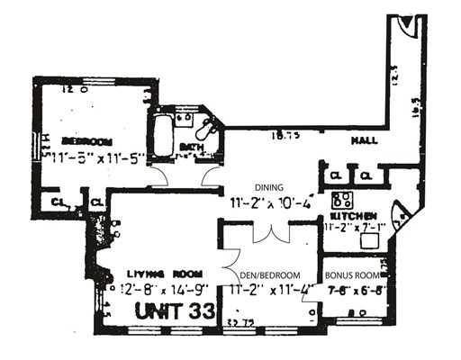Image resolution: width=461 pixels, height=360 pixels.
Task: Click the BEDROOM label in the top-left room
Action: pyautogui.click(x=86, y=141)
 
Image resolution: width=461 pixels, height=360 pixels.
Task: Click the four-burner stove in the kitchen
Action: pyautogui.click(x=342, y=201)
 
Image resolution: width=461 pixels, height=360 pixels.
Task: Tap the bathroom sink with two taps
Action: pyautogui.click(x=183, y=118)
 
